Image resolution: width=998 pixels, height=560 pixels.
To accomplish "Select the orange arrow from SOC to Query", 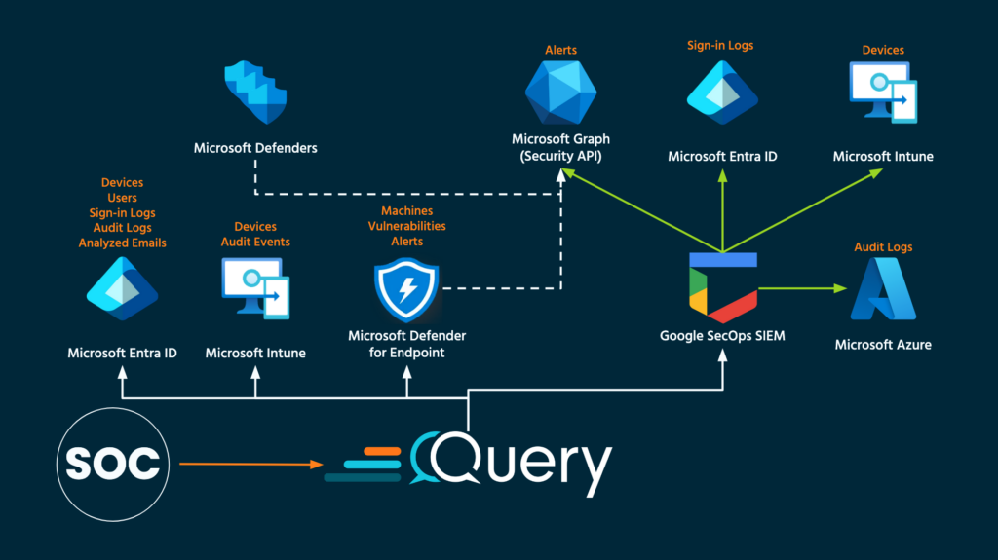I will point(251,465).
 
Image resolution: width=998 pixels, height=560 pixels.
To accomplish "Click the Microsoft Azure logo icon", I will point(883,290).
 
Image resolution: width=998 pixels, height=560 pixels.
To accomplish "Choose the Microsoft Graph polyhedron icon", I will point(559,93).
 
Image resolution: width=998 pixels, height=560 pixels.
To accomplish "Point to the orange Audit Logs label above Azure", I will point(883,247).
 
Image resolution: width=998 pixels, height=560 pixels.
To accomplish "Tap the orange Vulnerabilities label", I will point(407,226).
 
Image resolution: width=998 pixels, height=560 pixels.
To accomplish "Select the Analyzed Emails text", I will point(122,243).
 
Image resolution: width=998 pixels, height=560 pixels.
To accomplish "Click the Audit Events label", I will point(255,242).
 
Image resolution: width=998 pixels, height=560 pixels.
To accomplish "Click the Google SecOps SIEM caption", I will point(722,336).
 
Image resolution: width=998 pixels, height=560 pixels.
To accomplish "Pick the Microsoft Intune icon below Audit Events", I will point(255,289).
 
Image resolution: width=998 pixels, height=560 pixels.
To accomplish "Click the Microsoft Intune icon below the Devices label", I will point(883,94).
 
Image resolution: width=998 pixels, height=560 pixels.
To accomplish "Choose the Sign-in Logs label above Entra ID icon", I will point(721,45).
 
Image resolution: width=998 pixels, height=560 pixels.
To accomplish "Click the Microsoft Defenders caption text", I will point(255,148).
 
